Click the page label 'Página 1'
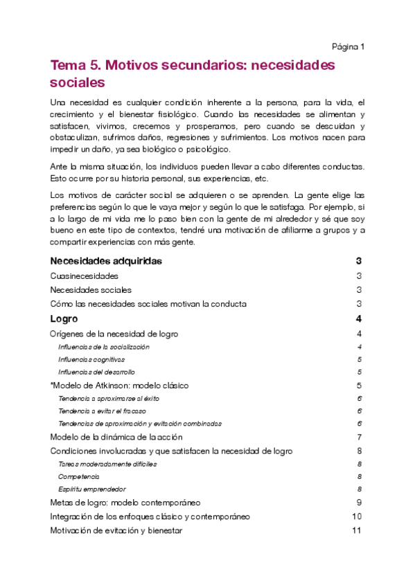coord(348,46)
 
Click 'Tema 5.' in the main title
coord(76,65)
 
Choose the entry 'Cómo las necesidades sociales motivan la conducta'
coord(148,304)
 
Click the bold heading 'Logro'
coord(64,319)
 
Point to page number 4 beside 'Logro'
coord(359,319)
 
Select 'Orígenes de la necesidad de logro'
coord(114,334)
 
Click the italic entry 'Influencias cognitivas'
coord(91,360)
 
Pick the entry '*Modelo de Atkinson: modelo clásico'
coord(119,386)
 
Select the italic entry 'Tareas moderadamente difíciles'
coord(107,464)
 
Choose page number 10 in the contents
coord(357,516)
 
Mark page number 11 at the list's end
coord(357,530)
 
